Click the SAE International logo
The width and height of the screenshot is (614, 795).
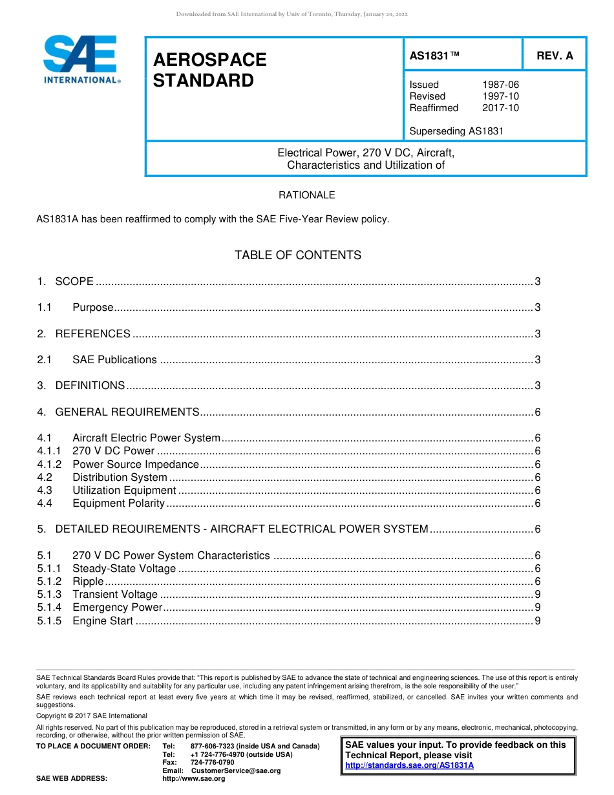[x=81, y=59]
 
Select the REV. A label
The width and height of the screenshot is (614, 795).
[x=555, y=56]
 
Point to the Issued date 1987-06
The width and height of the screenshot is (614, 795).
[x=500, y=85]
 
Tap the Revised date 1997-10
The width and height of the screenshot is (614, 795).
[x=500, y=96]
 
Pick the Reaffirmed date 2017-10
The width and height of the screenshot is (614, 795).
[x=500, y=108]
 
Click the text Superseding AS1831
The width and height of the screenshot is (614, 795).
[x=456, y=131]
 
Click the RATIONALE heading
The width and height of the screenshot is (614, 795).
[x=307, y=195]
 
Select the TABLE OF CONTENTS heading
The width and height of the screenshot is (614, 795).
[x=298, y=255]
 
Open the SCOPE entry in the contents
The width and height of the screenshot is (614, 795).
[x=74, y=281]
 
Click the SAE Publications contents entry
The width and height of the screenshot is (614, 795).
[x=114, y=360]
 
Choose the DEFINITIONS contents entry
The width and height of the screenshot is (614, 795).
[x=90, y=386]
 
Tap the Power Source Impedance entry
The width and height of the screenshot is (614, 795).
[x=136, y=464]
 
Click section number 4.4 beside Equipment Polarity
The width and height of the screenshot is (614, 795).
[x=45, y=503]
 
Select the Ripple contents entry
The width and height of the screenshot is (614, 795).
[x=88, y=582]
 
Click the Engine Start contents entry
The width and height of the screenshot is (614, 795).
[x=103, y=621]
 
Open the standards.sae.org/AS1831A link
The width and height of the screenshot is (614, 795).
[x=409, y=765]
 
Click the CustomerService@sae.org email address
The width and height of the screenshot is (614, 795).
[x=236, y=770]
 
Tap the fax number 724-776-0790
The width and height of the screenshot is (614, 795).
[x=212, y=763]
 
